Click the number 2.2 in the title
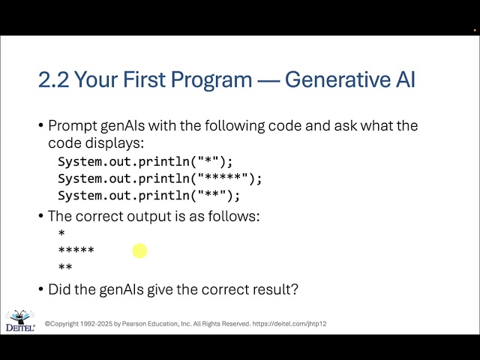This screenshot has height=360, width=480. (53, 79)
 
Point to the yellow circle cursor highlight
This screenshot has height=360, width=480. (139, 250)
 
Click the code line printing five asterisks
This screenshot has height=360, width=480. (160, 178)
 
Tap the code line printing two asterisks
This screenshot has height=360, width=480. (149, 196)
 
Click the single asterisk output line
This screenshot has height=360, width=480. (61, 235)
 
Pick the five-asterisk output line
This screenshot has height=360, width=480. (76, 251)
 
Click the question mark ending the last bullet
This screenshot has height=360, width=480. (295, 288)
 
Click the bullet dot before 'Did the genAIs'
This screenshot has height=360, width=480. (40, 289)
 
